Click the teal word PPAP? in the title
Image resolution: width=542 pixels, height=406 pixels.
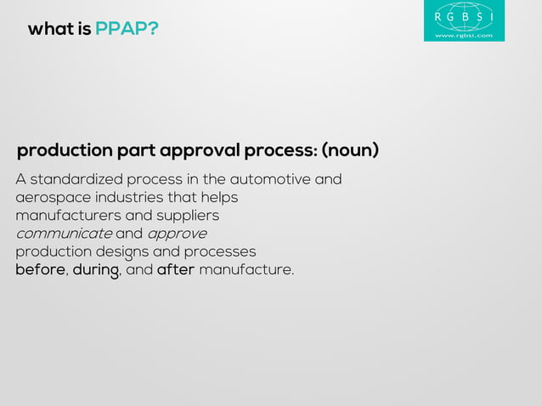tap(127, 30)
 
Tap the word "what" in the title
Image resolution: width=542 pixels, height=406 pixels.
tap(46, 30)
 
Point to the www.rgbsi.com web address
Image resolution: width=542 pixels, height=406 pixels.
tap(464, 35)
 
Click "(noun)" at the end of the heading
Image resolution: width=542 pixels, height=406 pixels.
tap(350, 151)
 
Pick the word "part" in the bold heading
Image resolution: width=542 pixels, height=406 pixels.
tap(137, 151)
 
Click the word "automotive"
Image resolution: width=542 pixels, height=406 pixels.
tap(270, 180)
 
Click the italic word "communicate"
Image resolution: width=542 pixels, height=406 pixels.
tap(64, 234)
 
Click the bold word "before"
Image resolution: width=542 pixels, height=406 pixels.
tap(40, 270)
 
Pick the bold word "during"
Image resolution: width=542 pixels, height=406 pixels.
tap(96, 270)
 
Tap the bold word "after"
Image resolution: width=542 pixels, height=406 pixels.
tap(176, 270)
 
